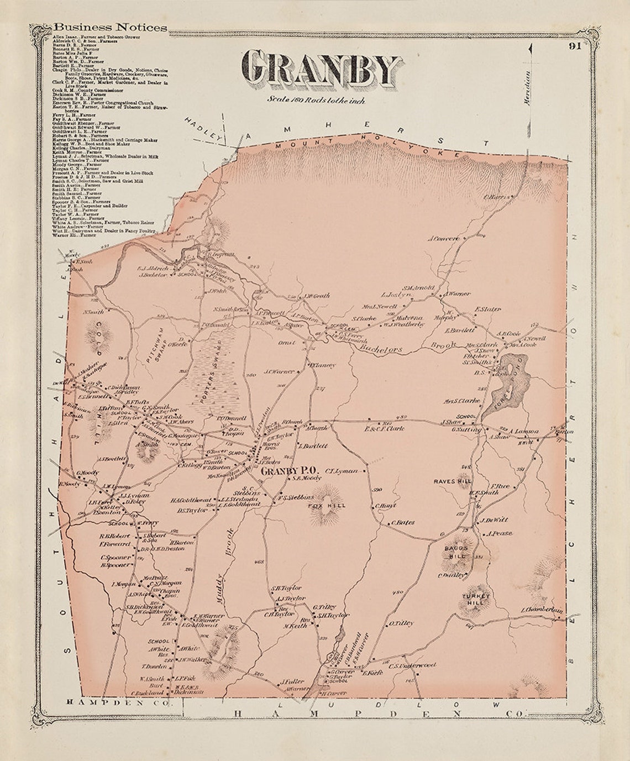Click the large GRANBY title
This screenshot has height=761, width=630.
[322, 69]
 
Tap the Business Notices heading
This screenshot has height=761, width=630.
[110, 27]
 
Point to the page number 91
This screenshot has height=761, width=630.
[573, 46]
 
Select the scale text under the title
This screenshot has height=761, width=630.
[316, 100]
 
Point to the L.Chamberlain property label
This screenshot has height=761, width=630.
[542, 610]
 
